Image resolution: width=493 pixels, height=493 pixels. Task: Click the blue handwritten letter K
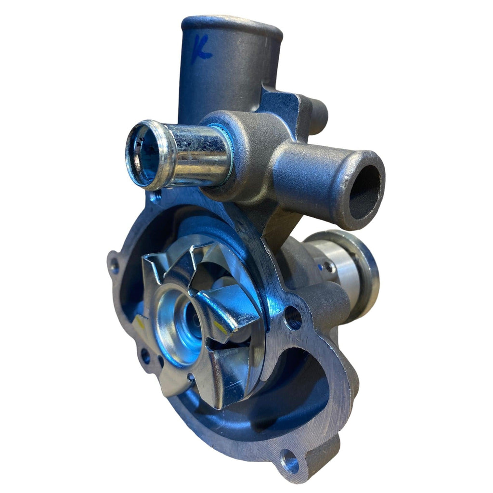coord(202,48)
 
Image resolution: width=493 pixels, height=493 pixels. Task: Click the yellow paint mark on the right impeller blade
coord(221,327)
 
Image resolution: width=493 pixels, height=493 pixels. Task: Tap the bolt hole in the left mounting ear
coord(114,264)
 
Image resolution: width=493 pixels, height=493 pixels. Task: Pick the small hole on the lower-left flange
coord(144,356)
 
